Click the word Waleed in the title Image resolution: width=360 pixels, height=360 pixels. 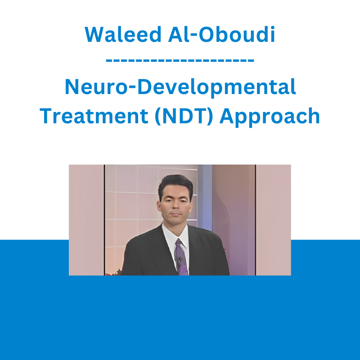coord(123,35)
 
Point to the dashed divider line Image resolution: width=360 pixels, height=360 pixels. coord(180,61)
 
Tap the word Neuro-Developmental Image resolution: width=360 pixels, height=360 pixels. coord(180,87)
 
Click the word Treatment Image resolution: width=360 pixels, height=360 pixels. coord(94,116)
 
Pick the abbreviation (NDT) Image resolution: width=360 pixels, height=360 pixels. coord(184,116)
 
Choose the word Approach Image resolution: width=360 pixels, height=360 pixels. coord(270,117)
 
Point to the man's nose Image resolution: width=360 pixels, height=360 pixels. coord(175,205)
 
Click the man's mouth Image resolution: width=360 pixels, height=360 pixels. coord(175,214)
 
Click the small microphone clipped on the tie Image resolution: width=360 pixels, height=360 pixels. coord(180,259)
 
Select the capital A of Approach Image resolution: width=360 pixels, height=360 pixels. coord(228,116)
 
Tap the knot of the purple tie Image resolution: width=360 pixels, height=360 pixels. coord(178,242)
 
